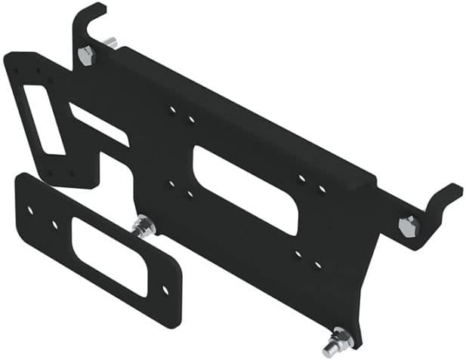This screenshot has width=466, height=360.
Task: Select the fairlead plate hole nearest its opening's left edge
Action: point(54,224)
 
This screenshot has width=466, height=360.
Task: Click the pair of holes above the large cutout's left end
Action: point(182,115)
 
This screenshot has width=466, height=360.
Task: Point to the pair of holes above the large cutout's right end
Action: point(312,183)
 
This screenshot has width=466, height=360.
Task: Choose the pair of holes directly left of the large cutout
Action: point(181,187)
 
